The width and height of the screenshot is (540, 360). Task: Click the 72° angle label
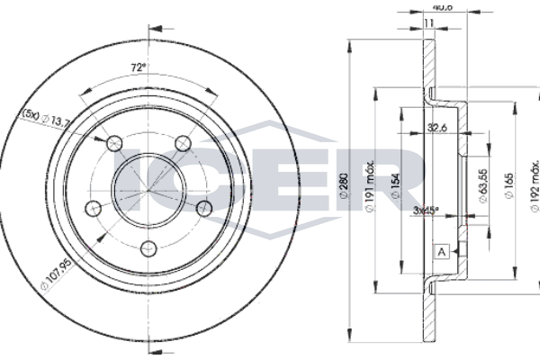point(138,67)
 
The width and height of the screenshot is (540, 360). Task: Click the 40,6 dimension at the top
point(441,6)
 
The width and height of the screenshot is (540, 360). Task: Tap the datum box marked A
point(441,252)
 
